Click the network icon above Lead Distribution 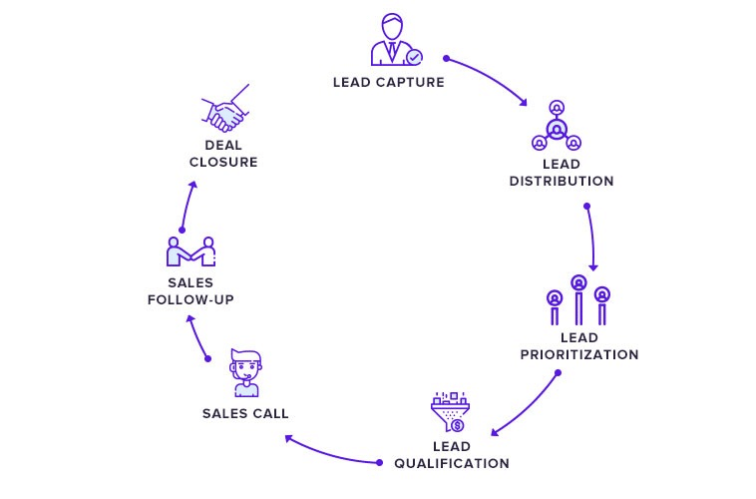[557, 127]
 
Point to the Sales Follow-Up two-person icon [191, 252]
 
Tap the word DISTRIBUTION [562, 182]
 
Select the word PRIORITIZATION [579, 354]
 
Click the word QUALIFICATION [452, 463]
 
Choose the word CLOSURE [224, 162]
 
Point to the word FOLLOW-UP [190, 299]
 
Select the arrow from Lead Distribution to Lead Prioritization [592, 238]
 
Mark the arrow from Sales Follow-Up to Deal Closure [186, 205]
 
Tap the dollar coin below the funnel [457, 426]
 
